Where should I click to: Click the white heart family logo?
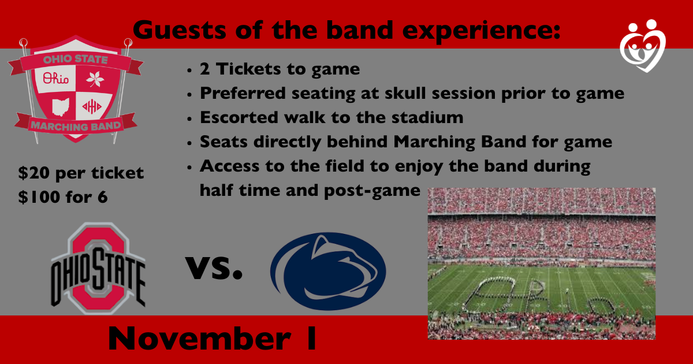point(642,46)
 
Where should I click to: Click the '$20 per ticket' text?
point(81,173)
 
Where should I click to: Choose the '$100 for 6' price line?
point(62,196)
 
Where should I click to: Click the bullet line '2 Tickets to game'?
point(280,69)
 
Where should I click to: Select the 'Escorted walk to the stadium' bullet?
point(331,118)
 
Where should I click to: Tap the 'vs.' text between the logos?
point(214,267)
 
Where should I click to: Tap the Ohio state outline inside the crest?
point(59,107)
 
